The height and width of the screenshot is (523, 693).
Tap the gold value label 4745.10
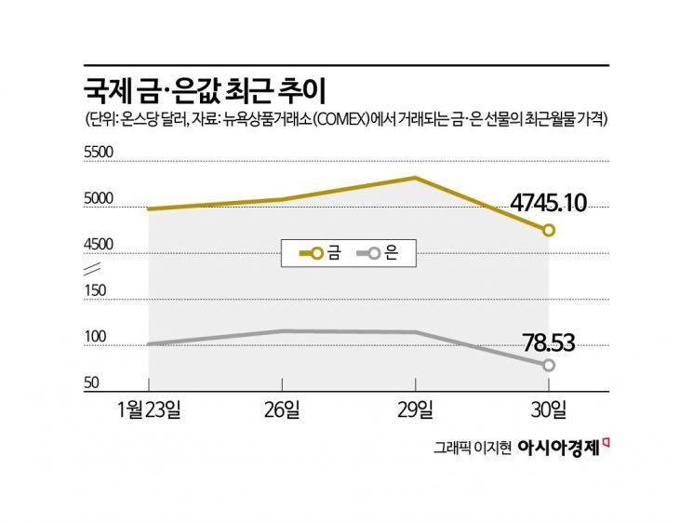[548, 202]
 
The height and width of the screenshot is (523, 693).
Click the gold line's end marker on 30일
[549, 230]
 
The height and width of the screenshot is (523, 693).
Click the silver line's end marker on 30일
[549, 365]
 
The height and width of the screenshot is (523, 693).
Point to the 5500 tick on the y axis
[99, 153]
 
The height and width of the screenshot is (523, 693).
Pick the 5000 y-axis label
[99, 198]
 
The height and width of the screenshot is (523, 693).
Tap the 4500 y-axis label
[99, 244]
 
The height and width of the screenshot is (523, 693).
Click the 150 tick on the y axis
[95, 290]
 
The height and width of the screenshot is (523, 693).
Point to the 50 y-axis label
[92, 382]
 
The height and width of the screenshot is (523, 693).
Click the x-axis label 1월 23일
[150, 409]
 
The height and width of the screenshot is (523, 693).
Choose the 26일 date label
[282, 409]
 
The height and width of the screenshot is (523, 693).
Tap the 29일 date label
[415, 409]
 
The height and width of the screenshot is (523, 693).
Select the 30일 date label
[549, 409]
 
